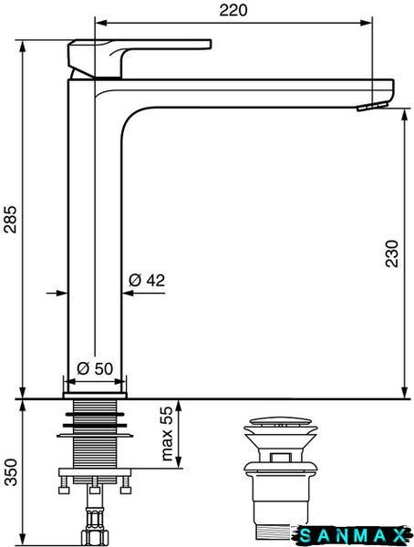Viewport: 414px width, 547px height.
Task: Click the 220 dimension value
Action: pyautogui.click(x=233, y=10)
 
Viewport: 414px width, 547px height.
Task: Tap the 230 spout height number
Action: pyautogui.click(x=392, y=253)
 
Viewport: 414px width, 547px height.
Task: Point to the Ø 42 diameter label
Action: pyautogui.click(x=147, y=280)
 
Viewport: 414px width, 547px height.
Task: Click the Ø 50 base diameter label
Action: pyautogui.click(x=95, y=368)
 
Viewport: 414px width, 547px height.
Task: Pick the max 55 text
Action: pyautogui.click(x=168, y=433)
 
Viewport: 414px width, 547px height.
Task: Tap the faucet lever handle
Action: pyautogui.click(x=139, y=57)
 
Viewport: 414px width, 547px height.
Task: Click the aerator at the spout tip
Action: pyautogui.click(x=372, y=106)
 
